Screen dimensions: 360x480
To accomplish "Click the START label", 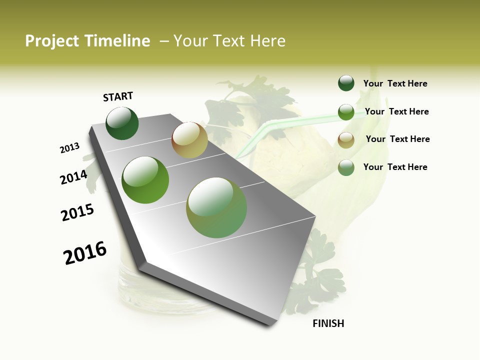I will point(118,96).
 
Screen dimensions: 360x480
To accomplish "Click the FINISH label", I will point(328,323).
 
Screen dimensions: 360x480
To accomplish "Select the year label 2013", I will point(69,148).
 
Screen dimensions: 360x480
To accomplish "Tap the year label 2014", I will point(73,177).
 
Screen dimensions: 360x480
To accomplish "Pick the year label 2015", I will point(77,212).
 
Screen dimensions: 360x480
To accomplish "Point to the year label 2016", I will point(85,252).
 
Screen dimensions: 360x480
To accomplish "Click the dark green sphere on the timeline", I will point(122,123).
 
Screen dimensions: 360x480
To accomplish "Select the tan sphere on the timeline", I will point(189,139).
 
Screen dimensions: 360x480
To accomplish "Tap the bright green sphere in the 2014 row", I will point(145,180).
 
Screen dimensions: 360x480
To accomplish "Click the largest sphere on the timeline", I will point(216,207).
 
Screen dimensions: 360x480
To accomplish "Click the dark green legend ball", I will point(346,83).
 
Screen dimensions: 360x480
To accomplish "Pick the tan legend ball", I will point(346,140).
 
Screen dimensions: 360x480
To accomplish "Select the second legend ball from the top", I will point(346,112).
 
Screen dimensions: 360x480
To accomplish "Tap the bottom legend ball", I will point(346,167).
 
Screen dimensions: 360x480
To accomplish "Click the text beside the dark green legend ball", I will point(395,84).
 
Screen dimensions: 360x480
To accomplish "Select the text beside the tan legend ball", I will point(397,139).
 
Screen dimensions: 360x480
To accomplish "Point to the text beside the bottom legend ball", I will point(395,167).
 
